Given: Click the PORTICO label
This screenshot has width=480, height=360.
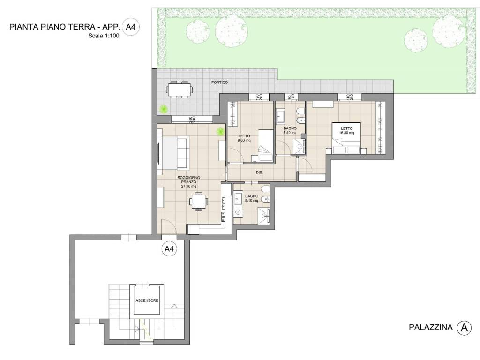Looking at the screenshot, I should coord(219,82).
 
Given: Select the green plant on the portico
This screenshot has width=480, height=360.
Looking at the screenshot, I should coord(164,109).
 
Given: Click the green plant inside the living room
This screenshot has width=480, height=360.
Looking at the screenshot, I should coord(220,132).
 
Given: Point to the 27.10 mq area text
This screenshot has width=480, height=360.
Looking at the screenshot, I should coord(189,186).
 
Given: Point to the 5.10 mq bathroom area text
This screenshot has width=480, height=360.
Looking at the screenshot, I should coord(252,201).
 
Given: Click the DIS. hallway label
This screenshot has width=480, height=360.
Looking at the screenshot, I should coord(259,172).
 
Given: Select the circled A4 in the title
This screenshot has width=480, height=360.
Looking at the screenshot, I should coord(129,27).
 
